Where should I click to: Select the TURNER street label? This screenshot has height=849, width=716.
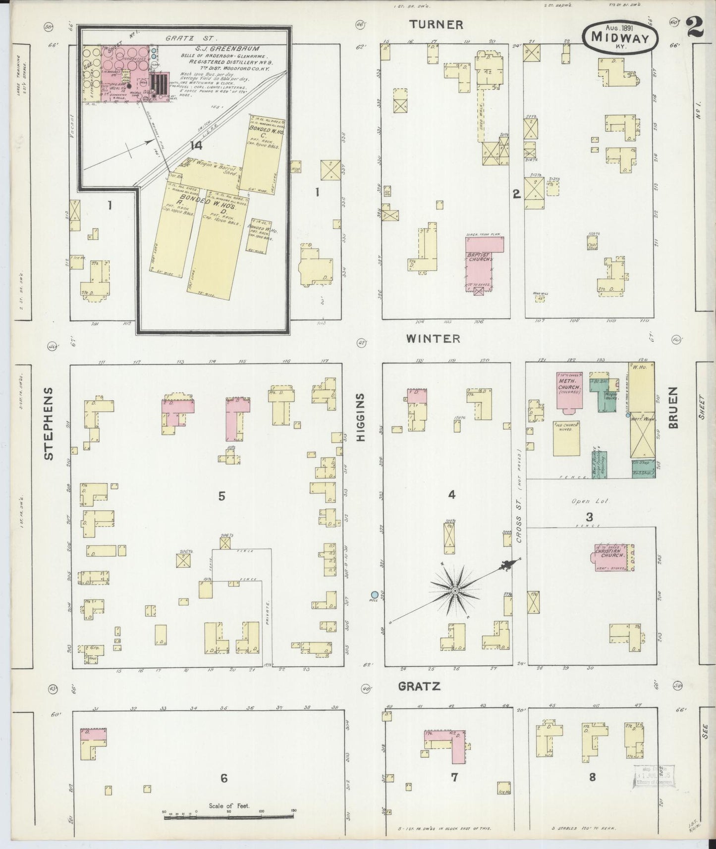point(436,25)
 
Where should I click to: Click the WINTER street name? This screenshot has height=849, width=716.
point(433,339)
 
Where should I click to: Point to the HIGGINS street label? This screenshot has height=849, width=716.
point(361,417)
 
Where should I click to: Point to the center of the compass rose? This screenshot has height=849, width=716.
point(454,590)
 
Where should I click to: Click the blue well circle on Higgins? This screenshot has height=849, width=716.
point(375,594)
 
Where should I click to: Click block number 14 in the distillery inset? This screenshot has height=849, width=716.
point(197,145)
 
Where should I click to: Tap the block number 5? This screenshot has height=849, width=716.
point(221,496)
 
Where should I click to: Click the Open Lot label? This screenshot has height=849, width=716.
point(590,501)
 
